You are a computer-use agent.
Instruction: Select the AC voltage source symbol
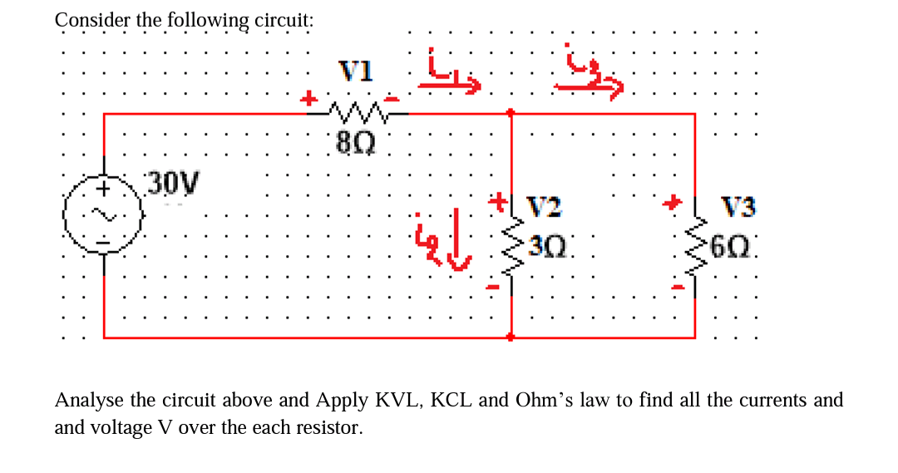click(x=104, y=216)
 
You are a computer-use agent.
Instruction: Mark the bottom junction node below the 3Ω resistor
click(x=511, y=337)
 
